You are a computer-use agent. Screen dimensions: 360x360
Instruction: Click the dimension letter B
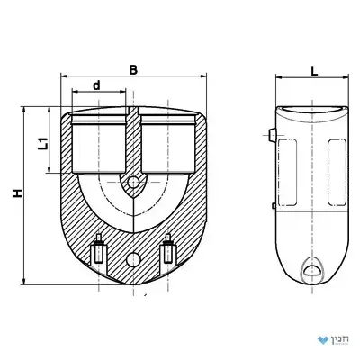tap(133, 69)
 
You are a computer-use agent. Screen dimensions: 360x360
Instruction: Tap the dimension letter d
tap(96, 85)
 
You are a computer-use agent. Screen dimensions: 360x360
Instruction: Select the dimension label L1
tap(44, 143)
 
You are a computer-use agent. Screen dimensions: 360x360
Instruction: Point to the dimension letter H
tap(18, 193)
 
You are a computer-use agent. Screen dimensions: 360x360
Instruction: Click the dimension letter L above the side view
tap(314, 71)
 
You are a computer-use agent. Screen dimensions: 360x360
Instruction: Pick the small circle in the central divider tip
tap(133, 183)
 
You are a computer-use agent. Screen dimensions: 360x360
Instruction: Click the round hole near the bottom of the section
tap(133, 259)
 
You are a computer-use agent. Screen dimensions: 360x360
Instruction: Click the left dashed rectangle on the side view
tap(287, 172)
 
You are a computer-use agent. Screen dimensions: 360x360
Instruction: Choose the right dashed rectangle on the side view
tap(337, 171)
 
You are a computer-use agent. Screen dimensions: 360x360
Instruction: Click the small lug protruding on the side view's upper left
tap(272, 135)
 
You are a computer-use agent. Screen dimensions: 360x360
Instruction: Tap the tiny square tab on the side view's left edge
tap(274, 206)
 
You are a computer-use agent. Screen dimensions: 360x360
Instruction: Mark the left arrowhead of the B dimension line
tap(64, 76)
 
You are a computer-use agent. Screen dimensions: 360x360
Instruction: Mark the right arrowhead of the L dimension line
tap(346, 77)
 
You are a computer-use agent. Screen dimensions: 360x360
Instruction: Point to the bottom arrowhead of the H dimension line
tap(24, 282)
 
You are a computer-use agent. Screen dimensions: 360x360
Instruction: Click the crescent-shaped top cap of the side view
tap(312, 113)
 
